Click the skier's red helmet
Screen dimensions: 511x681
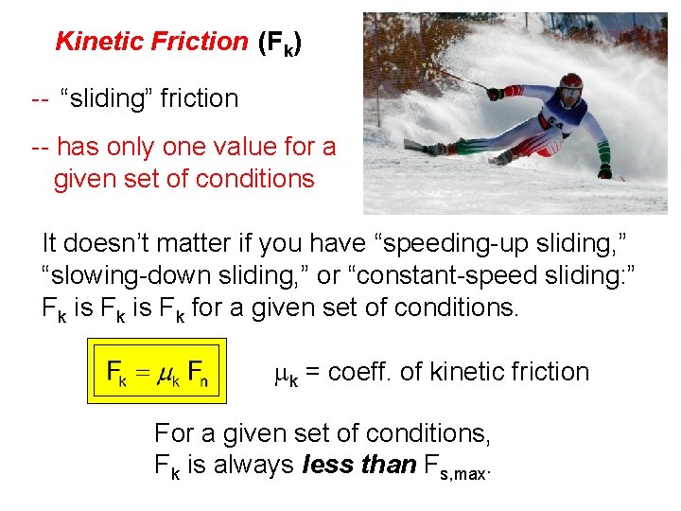570,85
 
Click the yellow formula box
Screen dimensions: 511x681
159,372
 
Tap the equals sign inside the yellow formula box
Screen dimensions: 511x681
140,371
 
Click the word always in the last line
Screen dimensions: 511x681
251,465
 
